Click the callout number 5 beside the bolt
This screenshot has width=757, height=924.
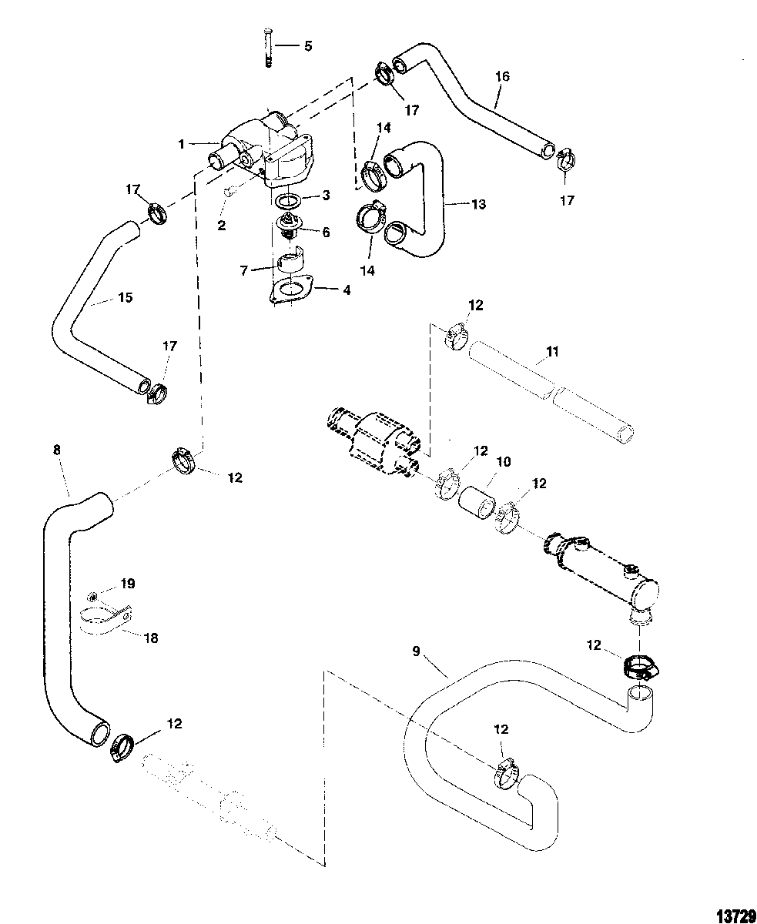tap(308, 46)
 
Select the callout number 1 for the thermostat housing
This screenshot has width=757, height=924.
tap(182, 144)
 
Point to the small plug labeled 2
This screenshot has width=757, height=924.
tap(230, 191)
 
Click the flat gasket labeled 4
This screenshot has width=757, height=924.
tap(291, 290)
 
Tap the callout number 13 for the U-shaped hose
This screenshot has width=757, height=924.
tap(479, 204)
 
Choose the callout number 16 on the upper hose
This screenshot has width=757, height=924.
tap(502, 76)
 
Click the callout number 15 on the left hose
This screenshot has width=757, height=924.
tap(125, 297)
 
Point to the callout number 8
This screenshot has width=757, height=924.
tap(57, 450)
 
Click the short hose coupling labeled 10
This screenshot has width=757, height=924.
tap(477, 502)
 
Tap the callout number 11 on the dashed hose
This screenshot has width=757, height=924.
tap(552, 351)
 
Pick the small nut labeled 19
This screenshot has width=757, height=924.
tap(92, 595)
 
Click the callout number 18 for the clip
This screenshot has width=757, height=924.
tap(151, 638)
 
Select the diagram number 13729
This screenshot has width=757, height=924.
tap(736, 912)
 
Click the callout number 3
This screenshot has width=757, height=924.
tap(326, 196)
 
